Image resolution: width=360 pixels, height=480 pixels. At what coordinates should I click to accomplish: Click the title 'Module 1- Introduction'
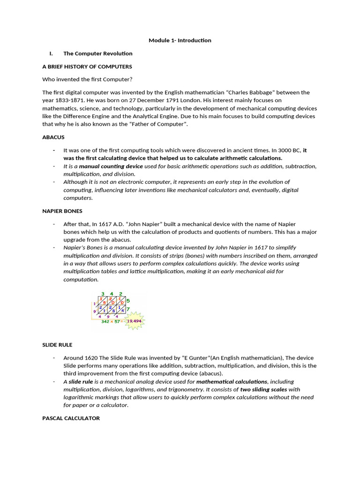click(180, 40)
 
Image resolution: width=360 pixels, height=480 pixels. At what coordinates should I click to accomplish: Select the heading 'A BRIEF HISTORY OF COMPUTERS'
click(87, 67)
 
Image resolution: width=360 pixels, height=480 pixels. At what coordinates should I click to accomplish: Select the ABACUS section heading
click(53, 137)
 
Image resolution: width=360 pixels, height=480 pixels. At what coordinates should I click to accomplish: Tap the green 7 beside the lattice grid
click(128, 309)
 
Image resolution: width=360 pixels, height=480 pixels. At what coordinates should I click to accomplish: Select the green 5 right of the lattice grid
click(128, 300)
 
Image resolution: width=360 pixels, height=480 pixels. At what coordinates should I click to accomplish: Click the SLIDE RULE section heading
click(57, 345)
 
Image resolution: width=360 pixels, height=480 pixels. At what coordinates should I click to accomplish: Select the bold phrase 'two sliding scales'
click(263, 390)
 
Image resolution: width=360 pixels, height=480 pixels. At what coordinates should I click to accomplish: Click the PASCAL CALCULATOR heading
click(71, 418)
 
